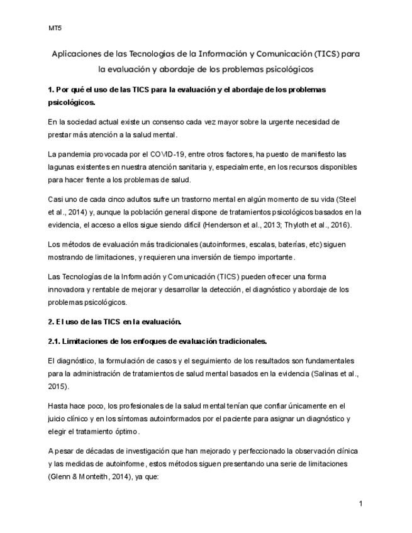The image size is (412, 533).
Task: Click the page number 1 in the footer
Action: point(361,503)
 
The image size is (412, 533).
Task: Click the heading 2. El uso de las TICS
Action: point(114,322)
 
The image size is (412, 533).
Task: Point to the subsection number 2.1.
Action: point(55,341)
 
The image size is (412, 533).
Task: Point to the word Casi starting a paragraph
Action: point(54,198)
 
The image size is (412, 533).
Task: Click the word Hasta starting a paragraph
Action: point(57,406)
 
